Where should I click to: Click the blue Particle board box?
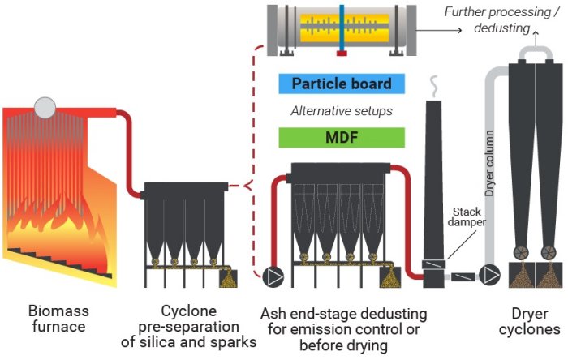coord(341,84)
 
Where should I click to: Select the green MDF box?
coord(341,137)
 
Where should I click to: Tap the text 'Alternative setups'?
coord(341,111)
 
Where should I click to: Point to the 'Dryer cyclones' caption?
coord(529,321)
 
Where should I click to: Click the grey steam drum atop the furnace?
coord(45,106)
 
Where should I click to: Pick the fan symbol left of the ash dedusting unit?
coord(274,276)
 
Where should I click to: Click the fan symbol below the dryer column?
coord(488,274)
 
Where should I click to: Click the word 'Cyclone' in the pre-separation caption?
coord(187,311)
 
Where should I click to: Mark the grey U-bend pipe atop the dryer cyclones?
coord(536,53)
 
